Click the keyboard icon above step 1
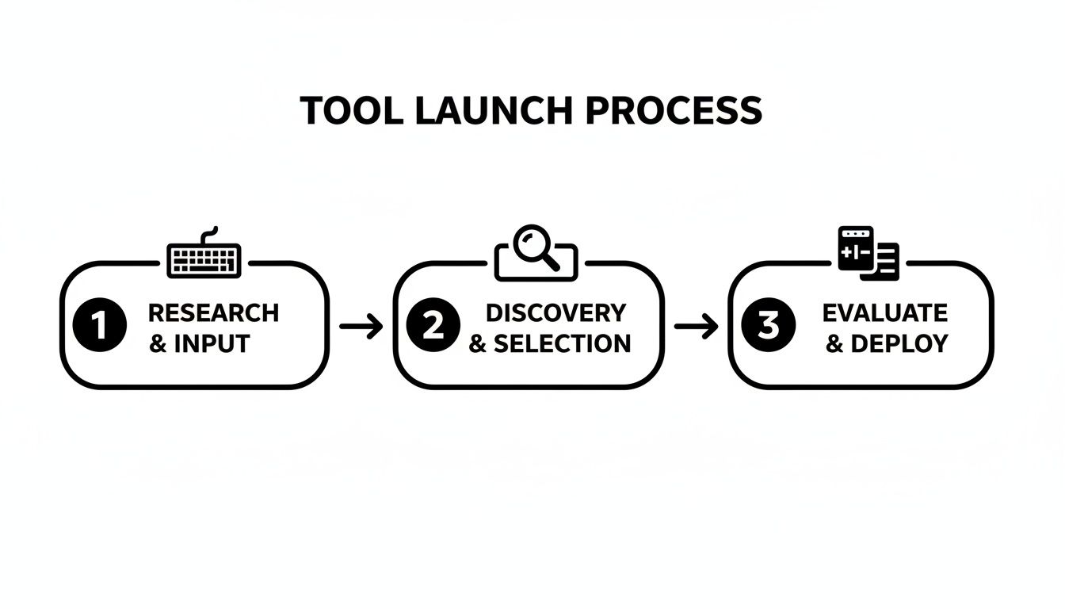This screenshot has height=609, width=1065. (x=204, y=258)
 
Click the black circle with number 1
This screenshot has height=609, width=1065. (x=99, y=326)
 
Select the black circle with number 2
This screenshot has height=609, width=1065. (x=433, y=326)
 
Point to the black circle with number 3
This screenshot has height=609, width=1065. (x=768, y=326)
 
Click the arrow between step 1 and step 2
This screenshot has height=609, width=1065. (x=361, y=326)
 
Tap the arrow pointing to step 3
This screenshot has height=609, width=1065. (x=696, y=326)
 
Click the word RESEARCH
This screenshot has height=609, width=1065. (x=213, y=313)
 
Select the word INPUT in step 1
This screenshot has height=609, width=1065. (x=212, y=344)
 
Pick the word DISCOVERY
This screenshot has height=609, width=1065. (x=555, y=313)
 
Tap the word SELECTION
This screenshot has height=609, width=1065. (x=562, y=344)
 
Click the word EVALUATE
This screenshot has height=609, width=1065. (x=884, y=313)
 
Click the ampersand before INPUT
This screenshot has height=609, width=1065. (x=158, y=344)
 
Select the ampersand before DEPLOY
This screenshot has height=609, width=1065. (x=834, y=344)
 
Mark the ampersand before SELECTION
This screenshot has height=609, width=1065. (x=478, y=344)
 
